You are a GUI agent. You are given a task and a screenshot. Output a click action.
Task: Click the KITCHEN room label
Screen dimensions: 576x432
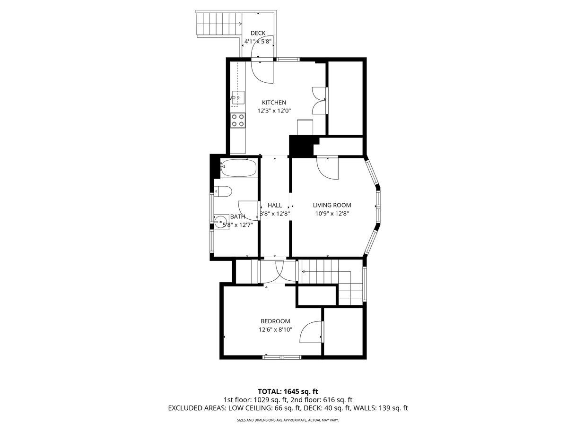point(274,102)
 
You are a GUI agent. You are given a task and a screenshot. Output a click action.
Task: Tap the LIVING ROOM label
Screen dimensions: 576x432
point(332,205)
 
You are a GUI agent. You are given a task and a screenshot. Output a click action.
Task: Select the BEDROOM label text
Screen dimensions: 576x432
point(275,321)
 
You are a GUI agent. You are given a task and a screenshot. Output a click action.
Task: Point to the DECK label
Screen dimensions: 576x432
point(258,33)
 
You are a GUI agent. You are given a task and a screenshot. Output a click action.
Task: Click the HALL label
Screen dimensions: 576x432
point(275,205)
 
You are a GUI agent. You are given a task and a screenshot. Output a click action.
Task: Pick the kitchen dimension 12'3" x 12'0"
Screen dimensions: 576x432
point(274,111)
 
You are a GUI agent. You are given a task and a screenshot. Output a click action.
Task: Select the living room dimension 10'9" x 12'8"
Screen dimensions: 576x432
point(332,214)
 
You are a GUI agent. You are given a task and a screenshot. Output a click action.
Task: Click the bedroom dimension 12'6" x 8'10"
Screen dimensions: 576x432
point(275,329)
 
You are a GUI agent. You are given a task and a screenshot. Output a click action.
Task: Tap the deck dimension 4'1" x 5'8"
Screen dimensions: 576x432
point(258,42)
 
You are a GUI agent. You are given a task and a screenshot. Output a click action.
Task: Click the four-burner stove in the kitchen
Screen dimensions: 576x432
point(238,120)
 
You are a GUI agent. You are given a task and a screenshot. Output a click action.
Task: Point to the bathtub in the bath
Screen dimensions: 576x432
point(238,168)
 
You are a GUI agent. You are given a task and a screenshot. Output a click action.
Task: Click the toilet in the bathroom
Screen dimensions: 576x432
point(223,191)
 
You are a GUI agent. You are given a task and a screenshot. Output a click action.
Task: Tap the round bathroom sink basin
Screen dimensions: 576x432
point(221,222)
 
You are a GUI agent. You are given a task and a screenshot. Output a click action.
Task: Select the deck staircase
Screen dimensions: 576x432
point(219,24)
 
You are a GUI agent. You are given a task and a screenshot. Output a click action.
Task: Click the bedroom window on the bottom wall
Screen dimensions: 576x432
point(282,357)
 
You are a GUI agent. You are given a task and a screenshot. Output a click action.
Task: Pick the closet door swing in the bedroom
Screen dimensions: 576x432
point(311,332)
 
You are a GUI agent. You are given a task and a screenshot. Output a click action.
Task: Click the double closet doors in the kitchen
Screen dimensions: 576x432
point(319,101)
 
